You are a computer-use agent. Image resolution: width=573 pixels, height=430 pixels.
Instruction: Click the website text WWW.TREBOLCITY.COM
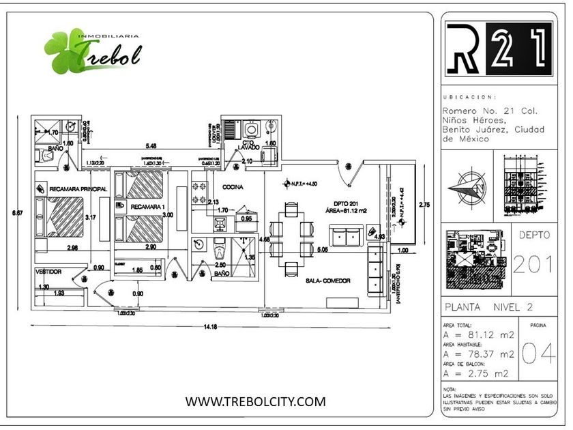[x=255, y=401]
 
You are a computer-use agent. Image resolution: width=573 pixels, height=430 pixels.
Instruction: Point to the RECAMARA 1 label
[x=147, y=206]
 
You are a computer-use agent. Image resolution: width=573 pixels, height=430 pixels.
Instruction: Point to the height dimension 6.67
[x=19, y=214]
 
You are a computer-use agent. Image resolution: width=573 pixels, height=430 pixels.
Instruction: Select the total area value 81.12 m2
[x=479, y=336]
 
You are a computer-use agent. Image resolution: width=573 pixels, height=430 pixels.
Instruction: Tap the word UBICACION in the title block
[x=470, y=98]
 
